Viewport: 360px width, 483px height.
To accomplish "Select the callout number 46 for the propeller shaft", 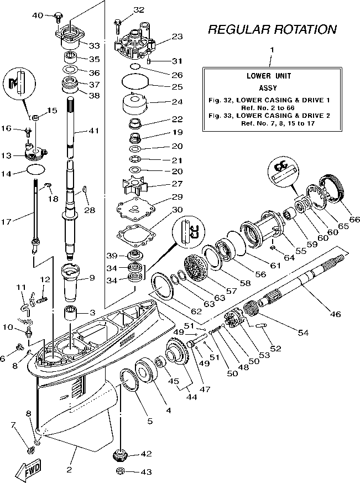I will coord(335,314).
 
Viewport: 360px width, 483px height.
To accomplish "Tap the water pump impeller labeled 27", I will coord(135,185).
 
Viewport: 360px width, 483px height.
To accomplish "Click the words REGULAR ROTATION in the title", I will coord(272,30).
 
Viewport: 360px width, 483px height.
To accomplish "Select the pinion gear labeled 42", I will coord(119,455).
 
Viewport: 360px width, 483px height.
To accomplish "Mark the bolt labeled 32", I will coord(118,23).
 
